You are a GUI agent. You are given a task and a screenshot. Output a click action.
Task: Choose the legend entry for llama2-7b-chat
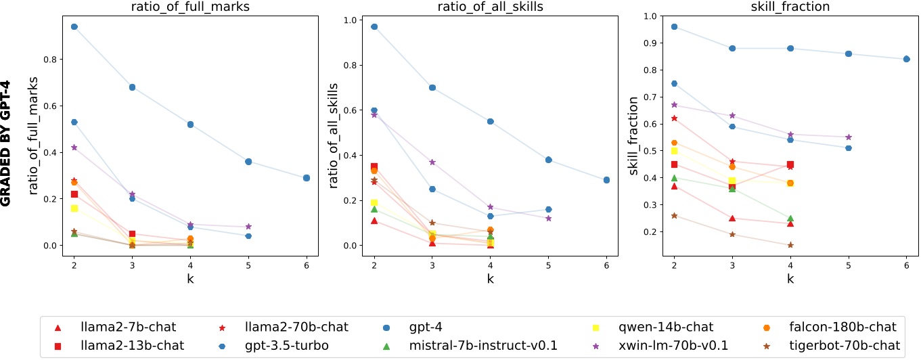click(x=119, y=328)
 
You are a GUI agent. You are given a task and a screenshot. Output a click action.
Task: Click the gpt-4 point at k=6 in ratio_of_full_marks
click(x=307, y=178)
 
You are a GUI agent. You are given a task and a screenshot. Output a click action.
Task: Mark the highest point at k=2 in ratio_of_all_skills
click(x=374, y=26)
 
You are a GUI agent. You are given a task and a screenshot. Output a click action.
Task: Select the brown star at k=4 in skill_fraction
click(x=790, y=245)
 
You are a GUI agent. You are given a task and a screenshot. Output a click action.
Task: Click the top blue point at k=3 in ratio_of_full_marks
click(x=133, y=87)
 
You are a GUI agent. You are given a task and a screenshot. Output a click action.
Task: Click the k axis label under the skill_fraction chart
click(x=790, y=278)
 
